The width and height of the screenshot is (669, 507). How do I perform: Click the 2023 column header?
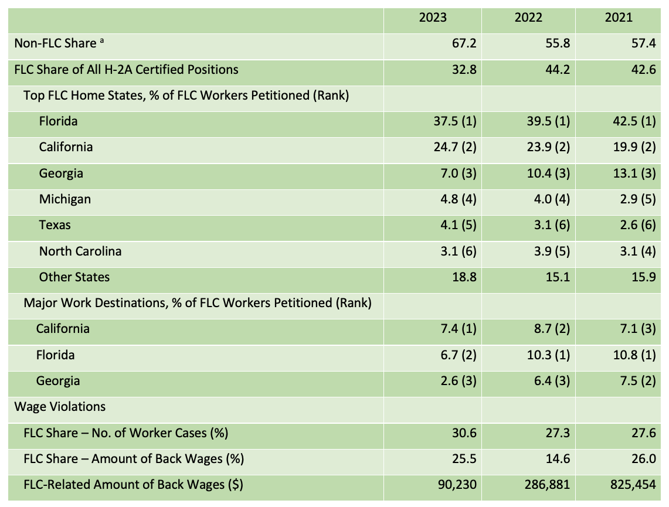point(433,18)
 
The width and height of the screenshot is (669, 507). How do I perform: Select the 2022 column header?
point(528,18)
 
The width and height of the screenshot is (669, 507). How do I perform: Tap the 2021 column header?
point(619,18)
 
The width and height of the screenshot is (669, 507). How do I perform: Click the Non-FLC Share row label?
point(55,43)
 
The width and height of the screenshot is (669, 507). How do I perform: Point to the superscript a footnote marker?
point(102,41)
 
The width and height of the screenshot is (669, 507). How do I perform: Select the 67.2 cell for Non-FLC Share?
point(464,43)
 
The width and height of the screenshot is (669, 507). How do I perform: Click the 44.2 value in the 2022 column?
point(558,70)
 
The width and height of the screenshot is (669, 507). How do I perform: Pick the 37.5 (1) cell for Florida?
point(455,121)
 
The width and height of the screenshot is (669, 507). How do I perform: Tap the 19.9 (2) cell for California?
point(634,147)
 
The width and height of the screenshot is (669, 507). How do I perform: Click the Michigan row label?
point(65,199)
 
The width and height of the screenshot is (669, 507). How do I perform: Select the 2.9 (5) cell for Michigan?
point(638,199)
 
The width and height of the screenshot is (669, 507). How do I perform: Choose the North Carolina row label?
point(80,251)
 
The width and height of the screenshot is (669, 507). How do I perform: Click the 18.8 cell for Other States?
point(464,277)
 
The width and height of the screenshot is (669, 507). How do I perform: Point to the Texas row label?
point(55,225)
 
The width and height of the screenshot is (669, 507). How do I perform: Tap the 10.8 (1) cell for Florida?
point(634,355)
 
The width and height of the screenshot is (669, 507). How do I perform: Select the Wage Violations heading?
point(60,407)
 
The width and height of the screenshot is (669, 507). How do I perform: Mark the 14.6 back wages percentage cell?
point(558,459)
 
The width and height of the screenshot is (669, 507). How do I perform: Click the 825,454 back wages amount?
point(633,485)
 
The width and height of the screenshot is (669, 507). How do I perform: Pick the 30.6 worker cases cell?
point(464,433)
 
